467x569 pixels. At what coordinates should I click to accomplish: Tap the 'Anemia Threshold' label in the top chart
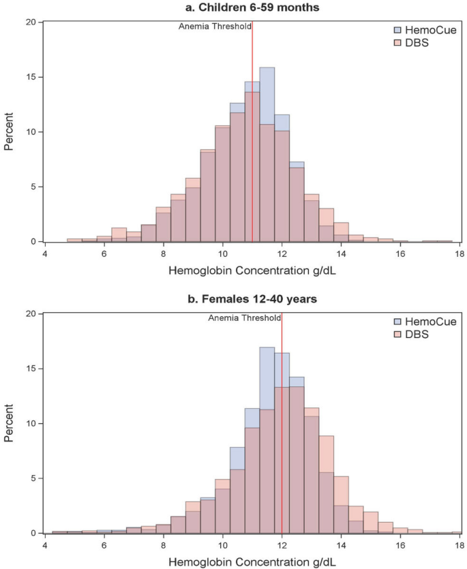click(214, 27)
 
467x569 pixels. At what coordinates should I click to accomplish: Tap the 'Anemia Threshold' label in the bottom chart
click(244, 318)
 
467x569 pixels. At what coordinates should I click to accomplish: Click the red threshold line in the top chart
click(252, 136)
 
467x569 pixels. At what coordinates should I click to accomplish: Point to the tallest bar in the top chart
click(267, 157)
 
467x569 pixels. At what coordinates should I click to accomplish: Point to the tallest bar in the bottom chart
click(267, 443)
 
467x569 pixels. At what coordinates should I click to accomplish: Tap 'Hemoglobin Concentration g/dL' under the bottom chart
click(252, 560)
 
